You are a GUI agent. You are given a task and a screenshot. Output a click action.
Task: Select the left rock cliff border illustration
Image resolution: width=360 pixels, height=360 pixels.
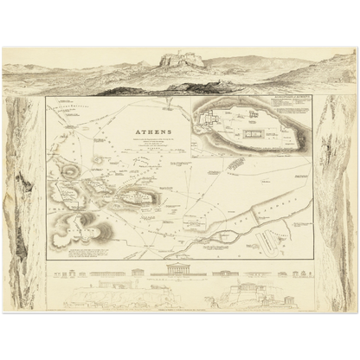[23, 199]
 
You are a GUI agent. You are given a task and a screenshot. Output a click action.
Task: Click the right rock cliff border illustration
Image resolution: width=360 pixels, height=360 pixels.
[335, 199]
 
